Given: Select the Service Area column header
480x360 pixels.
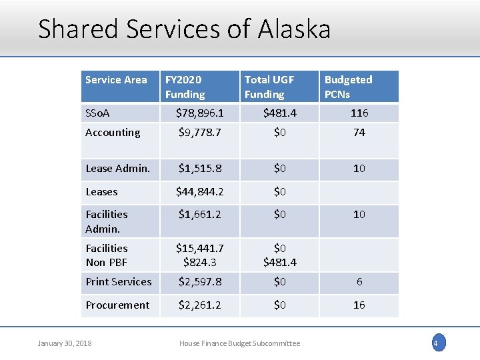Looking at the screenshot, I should (x=116, y=80).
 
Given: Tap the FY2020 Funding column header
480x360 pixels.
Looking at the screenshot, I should (x=185, y=87).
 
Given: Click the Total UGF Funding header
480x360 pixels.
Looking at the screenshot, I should (x=269, y=87).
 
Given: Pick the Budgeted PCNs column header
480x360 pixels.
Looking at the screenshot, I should (x=348, y=87).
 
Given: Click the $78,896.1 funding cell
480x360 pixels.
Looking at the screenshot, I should (x=199, y=113).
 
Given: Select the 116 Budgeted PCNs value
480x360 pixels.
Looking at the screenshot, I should (x=359, y=113).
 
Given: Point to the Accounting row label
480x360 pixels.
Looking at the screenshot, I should (x=113, y=132).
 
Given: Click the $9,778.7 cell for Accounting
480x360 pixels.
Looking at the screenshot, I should (x=199, y=132).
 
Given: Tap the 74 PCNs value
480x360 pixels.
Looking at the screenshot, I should (x=359, y=132).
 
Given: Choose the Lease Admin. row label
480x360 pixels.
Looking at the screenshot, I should (x=117, y=169).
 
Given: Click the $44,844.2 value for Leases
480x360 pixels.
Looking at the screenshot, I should (x=199, y=192).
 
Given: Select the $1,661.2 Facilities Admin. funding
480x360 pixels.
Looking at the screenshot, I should (x=199, y=214).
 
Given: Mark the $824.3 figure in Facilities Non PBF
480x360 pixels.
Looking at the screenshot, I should (x=199, y=263).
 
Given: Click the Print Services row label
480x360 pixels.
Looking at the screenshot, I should (x=118, y=282).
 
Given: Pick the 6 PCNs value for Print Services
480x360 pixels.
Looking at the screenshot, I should (x=359, y=282).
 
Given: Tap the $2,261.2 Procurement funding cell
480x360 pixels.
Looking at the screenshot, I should (x=199, y=305).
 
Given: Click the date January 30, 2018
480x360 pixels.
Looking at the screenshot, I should (x=65, y=343).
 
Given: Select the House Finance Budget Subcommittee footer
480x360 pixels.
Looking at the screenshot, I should (x=239, y=343).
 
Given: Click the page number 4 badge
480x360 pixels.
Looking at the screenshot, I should (x=437, y=343).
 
